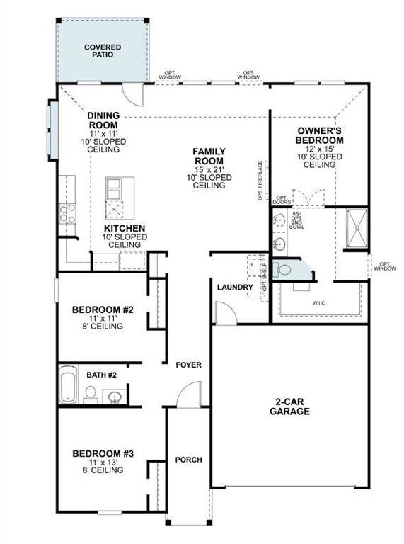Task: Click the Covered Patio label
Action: (103, 52)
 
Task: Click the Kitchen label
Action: (125, 228)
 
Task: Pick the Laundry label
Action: (235, 287)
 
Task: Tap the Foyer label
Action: (189, 365)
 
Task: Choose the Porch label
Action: (189, 460)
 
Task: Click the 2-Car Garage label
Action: (290, 406)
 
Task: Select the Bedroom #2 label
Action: (99, 310)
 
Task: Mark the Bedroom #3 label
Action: (99, 453)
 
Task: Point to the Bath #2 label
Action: (101, 374)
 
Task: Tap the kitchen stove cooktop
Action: (67, 212)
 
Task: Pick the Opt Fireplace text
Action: (261, 182)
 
